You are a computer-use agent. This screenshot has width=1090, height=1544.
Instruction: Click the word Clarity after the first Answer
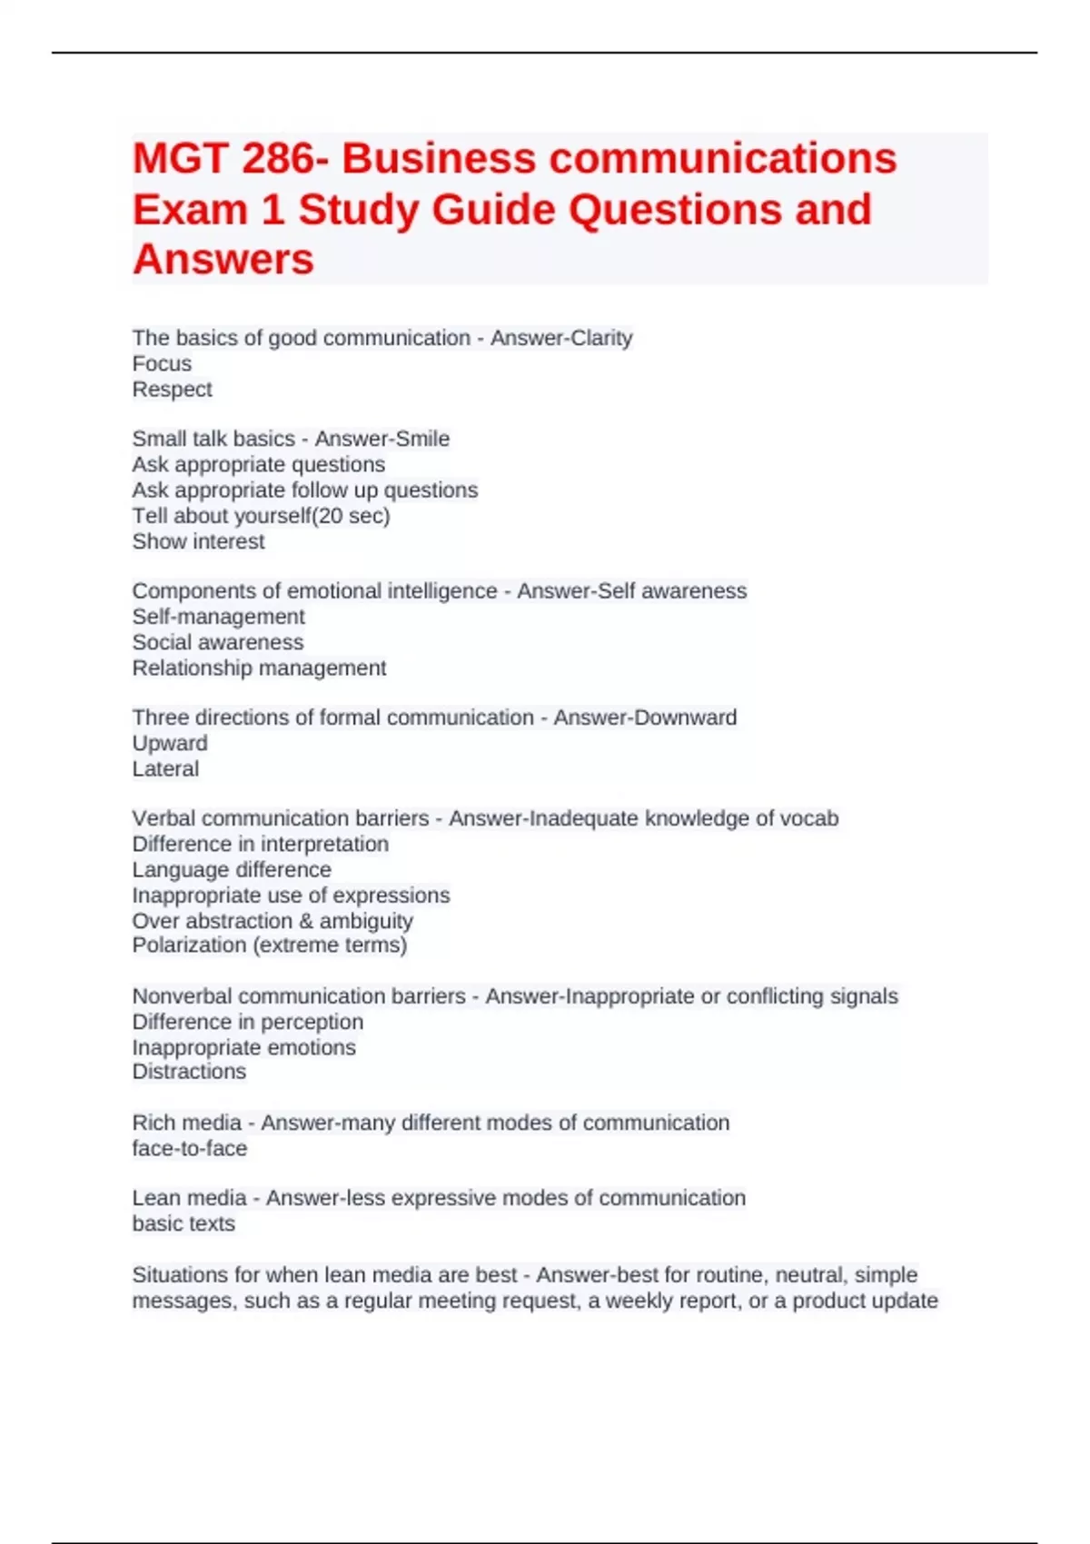[598, 338]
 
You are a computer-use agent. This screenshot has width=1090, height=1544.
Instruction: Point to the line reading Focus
[162, 363]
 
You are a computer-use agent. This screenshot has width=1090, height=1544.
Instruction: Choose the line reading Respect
[172, 389]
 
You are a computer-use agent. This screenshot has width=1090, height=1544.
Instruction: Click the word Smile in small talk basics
[423, 439]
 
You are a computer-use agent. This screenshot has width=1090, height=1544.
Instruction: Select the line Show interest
[198, 541]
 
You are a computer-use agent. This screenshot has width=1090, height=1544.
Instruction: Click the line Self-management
[218, 617]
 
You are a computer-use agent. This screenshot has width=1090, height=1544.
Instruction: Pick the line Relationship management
[259, 668]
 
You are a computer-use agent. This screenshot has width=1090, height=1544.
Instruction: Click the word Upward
[170, 743]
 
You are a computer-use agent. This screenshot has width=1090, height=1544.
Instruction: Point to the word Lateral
[165, 768]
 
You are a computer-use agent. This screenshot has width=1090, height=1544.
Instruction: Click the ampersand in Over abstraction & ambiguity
[305, 921]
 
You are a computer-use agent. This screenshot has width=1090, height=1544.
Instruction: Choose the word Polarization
[189, 945]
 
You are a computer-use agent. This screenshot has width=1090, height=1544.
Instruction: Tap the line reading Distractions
[189, 1072]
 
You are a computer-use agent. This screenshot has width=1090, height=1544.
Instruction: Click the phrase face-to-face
[189, 1148]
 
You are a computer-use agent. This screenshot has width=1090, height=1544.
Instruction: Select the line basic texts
[183, 1223]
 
